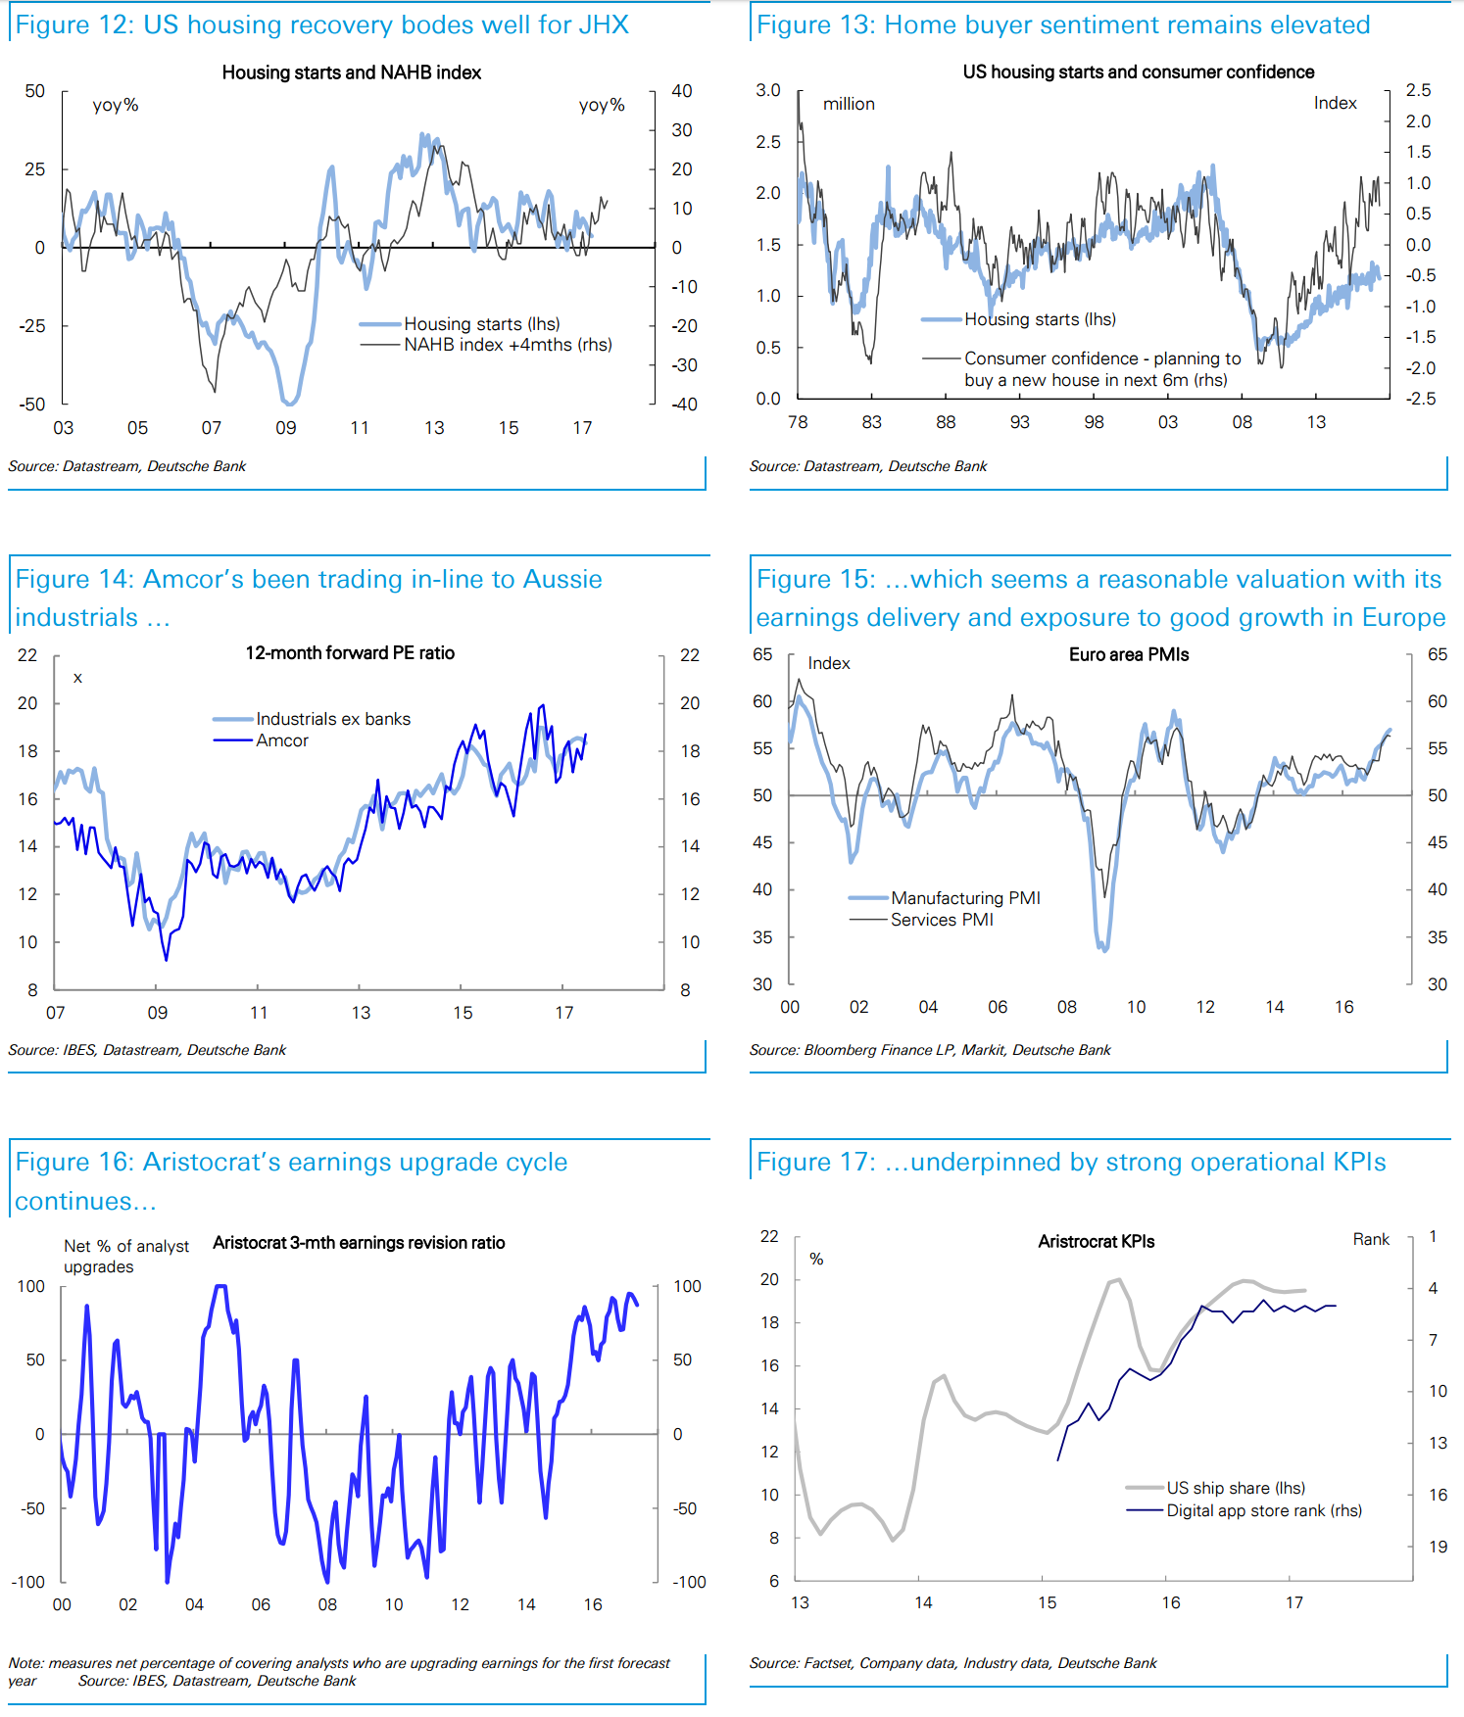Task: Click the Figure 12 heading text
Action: tap(321, 24)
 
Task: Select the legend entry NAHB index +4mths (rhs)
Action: tap(507, 345)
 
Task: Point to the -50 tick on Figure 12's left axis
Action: tap(33, 404)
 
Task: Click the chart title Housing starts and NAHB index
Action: tap(351, 72)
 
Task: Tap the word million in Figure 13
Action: tap(849, 104)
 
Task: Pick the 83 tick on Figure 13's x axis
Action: tap(871, 422)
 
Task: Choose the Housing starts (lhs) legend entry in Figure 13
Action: tap(1039, 319)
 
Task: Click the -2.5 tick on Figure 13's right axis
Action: tap(1420, 399)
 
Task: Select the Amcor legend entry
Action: tap(281, 741)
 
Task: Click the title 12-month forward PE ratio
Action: tap(350, 653)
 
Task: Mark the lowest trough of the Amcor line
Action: tap(166, 959)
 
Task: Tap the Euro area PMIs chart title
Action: tap(1128, 655)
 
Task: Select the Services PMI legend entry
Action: tap(941, 920)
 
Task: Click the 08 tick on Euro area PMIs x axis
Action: tap(1066, 1007)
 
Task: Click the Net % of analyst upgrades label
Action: tap(125, 1257)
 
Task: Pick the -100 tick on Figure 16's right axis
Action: tap(688, 1582)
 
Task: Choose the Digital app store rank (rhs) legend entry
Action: tap(1263, 1510)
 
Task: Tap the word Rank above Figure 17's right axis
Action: tap(1370, 1240)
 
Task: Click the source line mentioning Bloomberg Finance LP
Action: tap(929, 1050)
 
